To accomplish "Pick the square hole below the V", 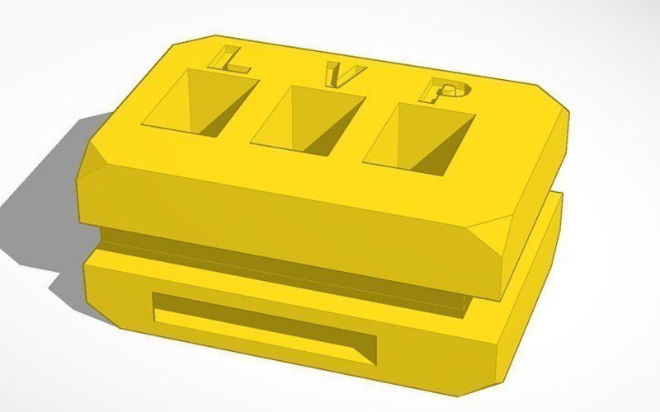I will [x=309, y=120].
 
